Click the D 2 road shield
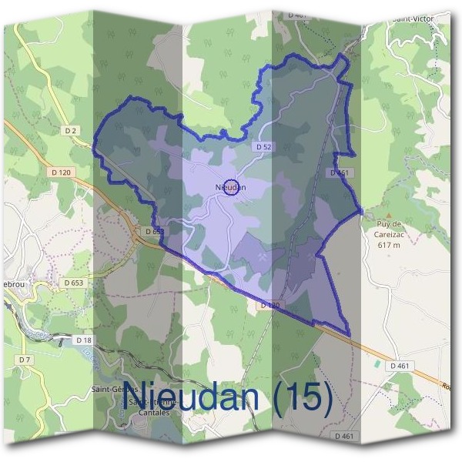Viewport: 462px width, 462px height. [71, 131]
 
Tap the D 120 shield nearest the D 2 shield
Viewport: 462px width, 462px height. [63, 172]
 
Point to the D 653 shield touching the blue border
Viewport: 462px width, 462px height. [153, 230]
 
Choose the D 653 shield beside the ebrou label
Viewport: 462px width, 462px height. [74, 283]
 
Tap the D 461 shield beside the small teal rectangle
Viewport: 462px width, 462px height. [399, 365]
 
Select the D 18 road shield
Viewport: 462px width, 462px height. [84, 339]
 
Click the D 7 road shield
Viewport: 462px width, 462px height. [25, 360]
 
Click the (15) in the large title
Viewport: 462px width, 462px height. [300, 397]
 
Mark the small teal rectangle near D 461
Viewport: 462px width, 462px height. [377, 363]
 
